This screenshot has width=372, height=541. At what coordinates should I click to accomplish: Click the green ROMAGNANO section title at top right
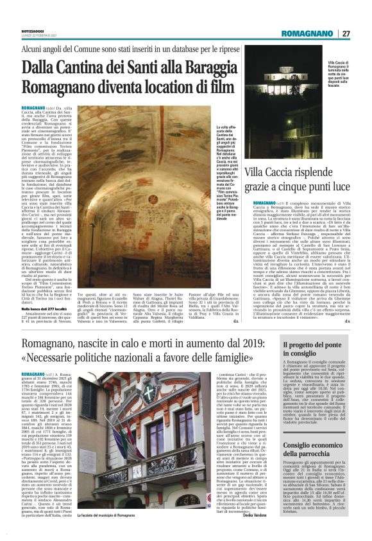click(x=307, y=33)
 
